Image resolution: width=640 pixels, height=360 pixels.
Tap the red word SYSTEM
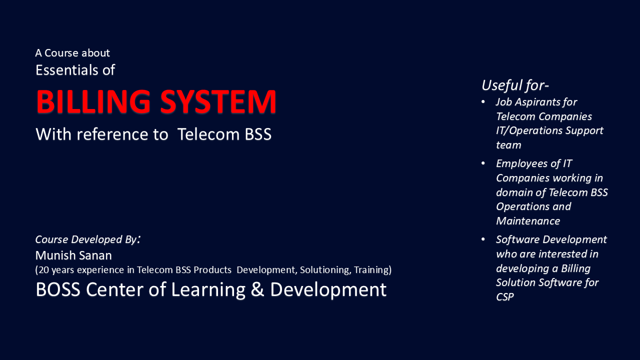(x=218, y=102)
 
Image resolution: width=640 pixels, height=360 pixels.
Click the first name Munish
(x=53, y=255)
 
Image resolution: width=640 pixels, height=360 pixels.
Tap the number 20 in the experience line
(x=44, y=270)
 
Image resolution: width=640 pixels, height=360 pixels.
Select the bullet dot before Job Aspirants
(x=483, y=102)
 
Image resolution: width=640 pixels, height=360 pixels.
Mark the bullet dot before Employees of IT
(x=483, y=163)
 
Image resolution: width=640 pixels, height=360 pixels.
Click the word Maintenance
(x=527, y=221)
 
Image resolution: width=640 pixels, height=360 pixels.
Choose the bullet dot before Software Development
(x=483, y=239)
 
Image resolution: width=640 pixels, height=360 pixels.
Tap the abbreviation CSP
(x=504, y=297)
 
